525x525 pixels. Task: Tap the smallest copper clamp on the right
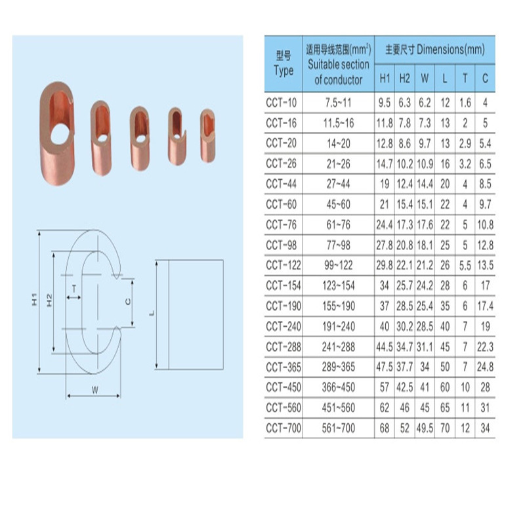(x=207, y=136)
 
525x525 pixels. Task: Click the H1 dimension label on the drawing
(x=35, y=299)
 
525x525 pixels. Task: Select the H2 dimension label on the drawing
(x=50, y=300)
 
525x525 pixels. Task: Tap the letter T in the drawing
(x=74, y=289)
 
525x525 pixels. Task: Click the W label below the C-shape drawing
(x=95, y=390)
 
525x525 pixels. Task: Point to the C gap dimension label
(x=128, y=302)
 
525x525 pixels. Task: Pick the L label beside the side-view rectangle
(x=152, y=313)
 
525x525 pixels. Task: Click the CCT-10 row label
(x=282, y=102)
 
